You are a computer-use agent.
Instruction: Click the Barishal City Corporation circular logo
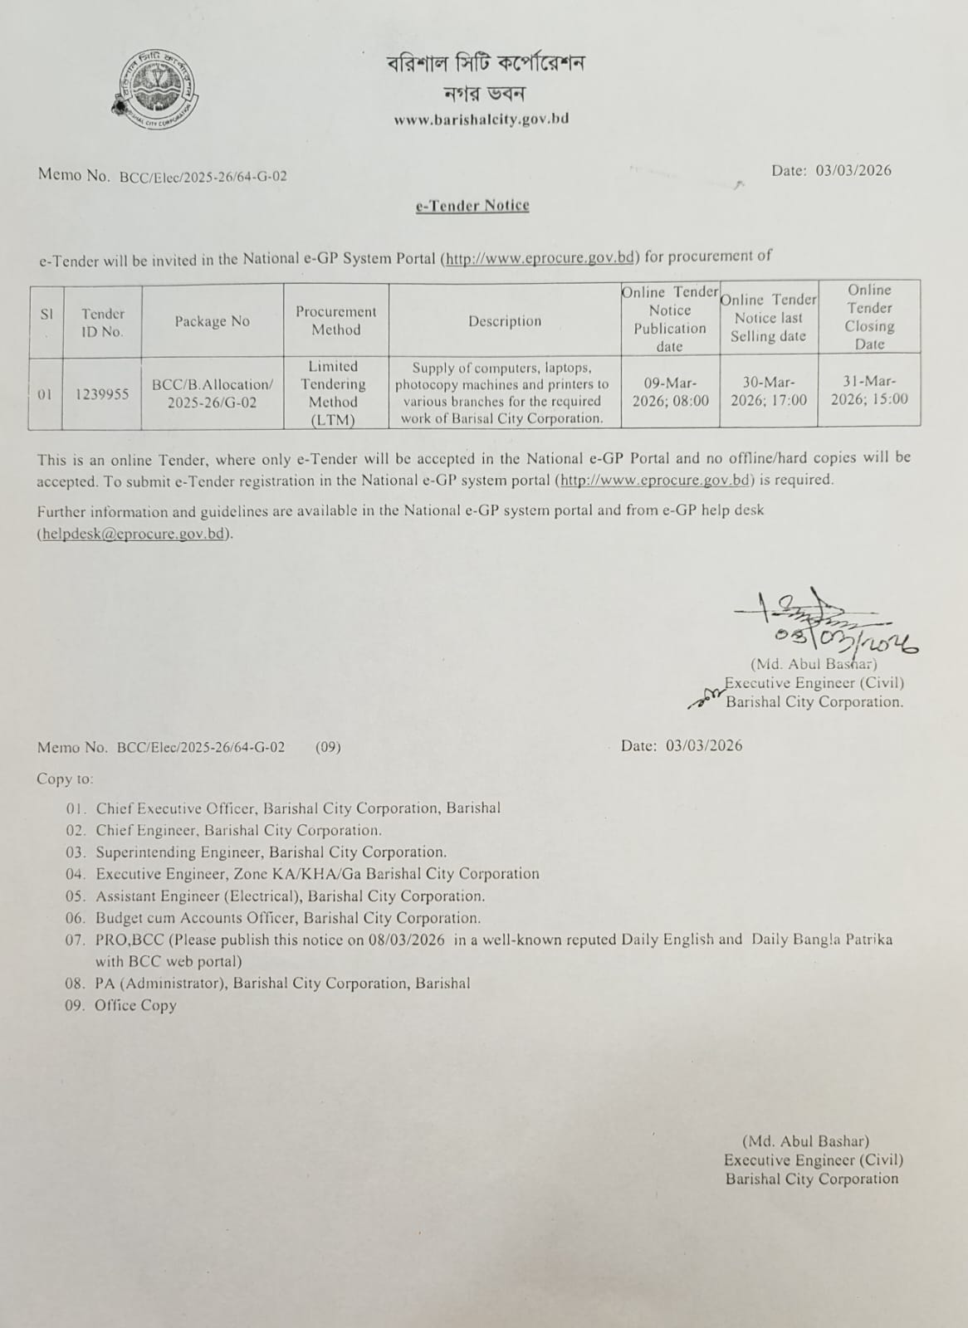click(154, 89)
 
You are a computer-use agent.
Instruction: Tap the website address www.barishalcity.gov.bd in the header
click(482, 119)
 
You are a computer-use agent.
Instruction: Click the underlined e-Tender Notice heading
click(472, 205)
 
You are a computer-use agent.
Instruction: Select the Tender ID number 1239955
click(102, 394)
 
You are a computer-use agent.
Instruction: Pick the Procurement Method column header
click(335, 320)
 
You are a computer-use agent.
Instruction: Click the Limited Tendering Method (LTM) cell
click(333, 393)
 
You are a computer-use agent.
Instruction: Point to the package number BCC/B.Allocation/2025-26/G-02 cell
click(212, 393)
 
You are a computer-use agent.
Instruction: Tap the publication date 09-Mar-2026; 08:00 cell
click(670, 391)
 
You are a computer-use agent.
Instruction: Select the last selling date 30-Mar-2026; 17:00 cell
click(769, 391)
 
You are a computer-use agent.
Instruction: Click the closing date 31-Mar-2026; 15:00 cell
click(869, 390)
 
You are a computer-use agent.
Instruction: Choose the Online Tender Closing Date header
click(869, 316)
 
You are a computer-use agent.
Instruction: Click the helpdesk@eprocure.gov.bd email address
click(133, 534)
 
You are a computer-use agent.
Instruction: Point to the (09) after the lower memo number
click(328, 747)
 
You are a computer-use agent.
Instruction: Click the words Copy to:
click(65, 779)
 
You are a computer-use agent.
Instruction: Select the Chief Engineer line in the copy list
click(238, 830)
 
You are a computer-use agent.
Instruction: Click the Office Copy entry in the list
click(135, 1005)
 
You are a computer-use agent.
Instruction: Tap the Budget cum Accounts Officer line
click(287, 918)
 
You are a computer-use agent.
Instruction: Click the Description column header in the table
click(504, 321)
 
